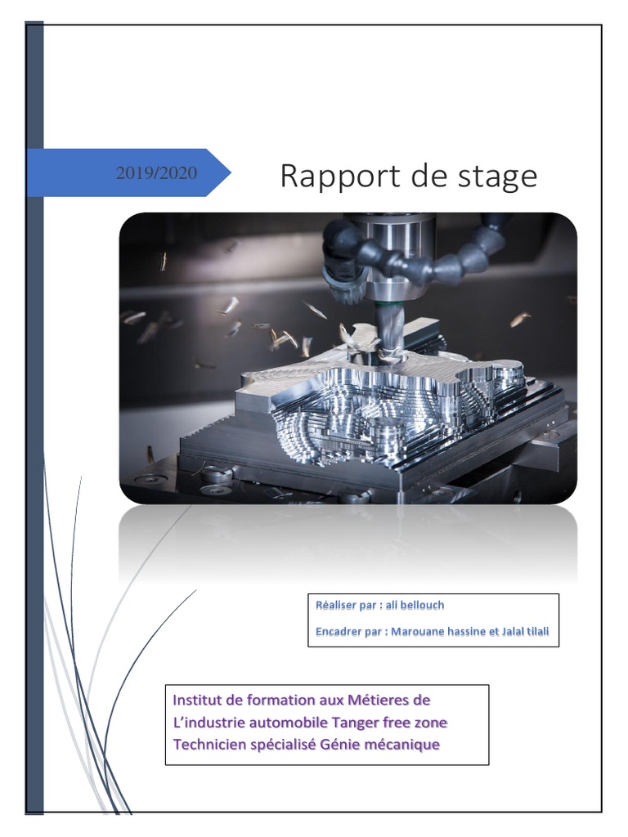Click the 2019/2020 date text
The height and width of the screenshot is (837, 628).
(x=156, y=172)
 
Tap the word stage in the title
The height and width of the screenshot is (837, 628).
(x=498, y=177)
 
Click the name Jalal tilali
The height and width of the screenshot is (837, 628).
(x=524, y=632)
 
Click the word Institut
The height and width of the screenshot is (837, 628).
(x=197, y=700)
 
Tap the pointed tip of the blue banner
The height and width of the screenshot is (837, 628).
(x=229, y=172)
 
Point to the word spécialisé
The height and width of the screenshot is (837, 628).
(x=283, y=745)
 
